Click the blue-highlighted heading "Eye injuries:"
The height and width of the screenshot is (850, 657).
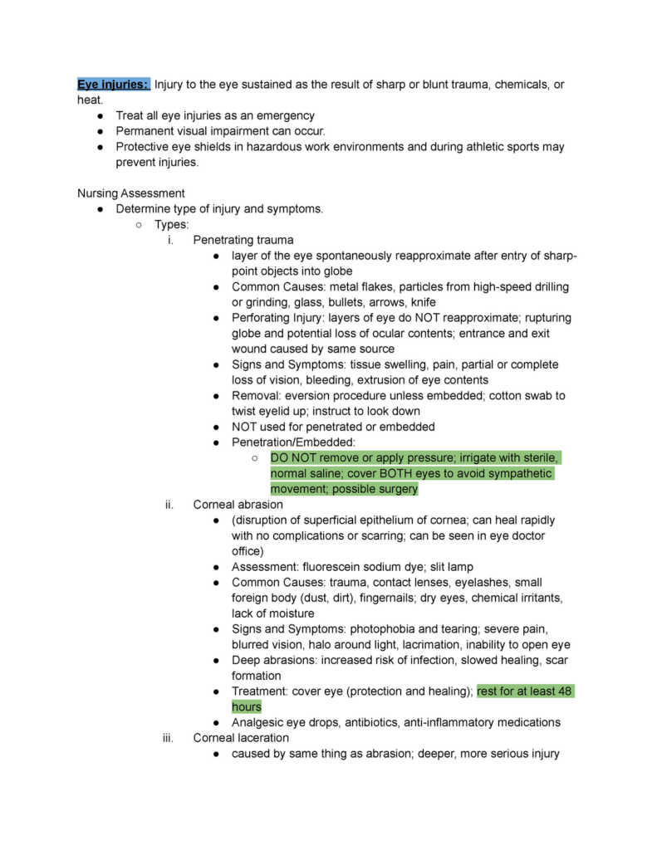(113, 84)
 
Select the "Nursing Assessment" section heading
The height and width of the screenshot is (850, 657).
(131, 193)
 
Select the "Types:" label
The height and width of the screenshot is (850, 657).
(171, 224)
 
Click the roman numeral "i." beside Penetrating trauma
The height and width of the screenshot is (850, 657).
(170, 240)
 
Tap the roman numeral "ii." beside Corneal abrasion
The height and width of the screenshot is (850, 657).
(169, 504)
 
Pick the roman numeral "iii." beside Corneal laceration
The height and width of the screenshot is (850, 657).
(168, 738)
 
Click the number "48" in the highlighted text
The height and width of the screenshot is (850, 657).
(565, 691)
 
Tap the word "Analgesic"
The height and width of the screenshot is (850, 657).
(262, 722)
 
